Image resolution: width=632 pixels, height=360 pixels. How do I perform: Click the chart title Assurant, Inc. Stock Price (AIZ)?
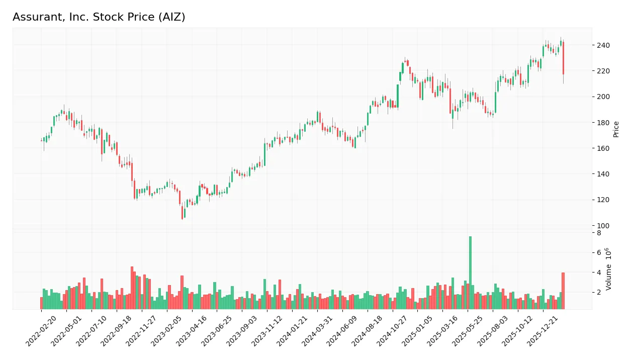[x=99, y=17]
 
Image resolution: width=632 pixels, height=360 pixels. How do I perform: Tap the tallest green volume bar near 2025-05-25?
[x=470, y=273]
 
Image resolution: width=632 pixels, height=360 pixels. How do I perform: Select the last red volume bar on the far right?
[x=563, y=291]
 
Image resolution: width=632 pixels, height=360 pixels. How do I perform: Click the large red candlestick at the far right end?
[x=563, y=58]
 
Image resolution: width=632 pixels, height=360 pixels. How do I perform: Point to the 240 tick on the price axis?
[x=603, y=45]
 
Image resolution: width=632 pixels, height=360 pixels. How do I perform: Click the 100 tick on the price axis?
[x=603, y=226]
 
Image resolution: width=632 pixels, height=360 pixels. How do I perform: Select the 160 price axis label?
[x=603, y=148]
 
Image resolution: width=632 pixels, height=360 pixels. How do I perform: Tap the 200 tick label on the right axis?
[x=603, y=97]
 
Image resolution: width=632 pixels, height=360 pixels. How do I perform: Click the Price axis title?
[x=616, y=129]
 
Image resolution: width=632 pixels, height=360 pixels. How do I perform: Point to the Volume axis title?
[x=609, y=269]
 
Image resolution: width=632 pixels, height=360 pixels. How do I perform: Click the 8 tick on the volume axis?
[x=599, y=233]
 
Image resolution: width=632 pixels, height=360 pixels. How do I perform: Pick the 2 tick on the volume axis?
[x=599, y=292]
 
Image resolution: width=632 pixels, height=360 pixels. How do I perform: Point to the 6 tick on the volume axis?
[x=599, y=252]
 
